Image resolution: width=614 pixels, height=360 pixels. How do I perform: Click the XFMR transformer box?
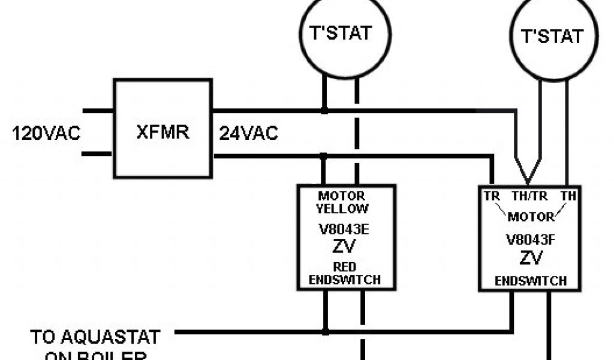[162, 130]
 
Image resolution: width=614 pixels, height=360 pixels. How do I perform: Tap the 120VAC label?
[46, 133]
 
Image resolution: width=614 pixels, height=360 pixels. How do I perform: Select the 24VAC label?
[248, 133]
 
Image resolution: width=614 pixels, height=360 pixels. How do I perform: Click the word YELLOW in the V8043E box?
[342, 209]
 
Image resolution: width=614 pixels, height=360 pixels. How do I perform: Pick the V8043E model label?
[342, 231]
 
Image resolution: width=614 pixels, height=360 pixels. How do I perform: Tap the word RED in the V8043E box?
[343, 267]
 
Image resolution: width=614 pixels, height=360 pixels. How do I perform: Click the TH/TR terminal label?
[529, 196]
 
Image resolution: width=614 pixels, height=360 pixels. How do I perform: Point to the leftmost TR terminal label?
[492, 196]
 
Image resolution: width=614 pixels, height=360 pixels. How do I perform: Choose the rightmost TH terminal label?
[567, 196]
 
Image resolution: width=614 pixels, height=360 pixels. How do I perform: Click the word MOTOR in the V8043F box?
[530, 217]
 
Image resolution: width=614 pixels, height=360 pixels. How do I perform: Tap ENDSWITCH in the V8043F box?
[530, 281]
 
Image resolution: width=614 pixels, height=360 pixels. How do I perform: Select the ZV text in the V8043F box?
[530, 259]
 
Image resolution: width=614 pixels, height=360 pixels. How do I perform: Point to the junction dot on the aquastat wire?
[324, 331]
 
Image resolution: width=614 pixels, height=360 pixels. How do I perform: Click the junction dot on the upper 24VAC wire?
[324, 110]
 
